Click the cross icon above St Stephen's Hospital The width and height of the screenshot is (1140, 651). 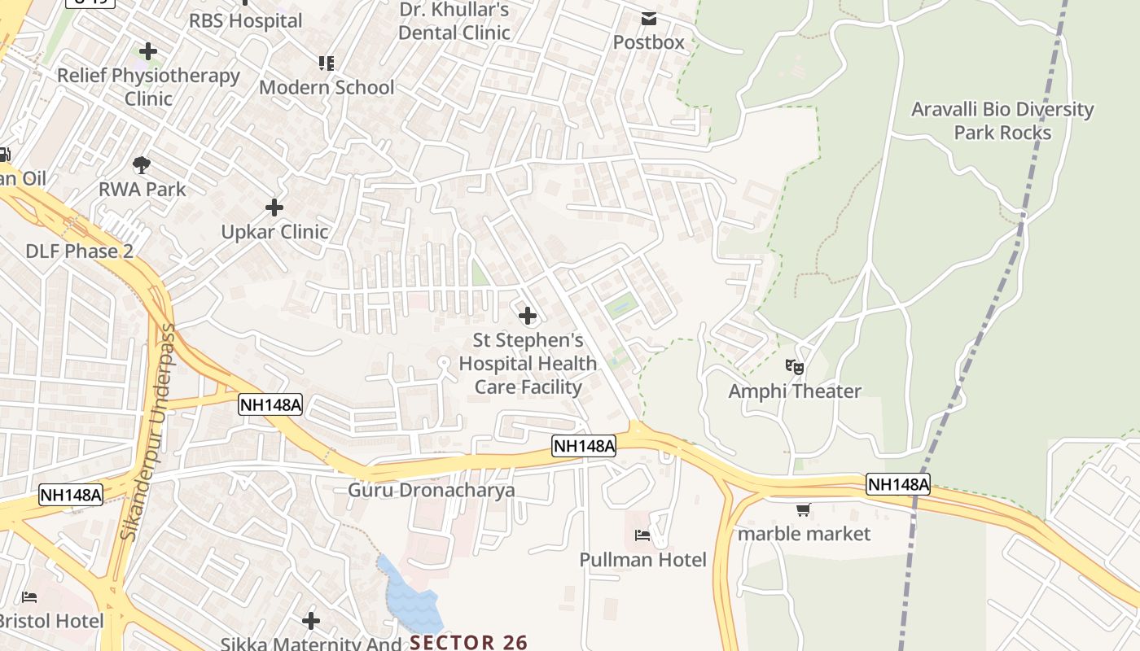(x=528, y=315)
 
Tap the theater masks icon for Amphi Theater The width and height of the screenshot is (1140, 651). (x=795, y=367)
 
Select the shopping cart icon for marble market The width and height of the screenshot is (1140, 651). (x=804, y=510)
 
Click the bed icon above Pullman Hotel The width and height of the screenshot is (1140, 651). (x=642, y=535)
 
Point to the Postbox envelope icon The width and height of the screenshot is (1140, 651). (x=649, y=18)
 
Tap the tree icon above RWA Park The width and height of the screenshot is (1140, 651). (x=142, y=165)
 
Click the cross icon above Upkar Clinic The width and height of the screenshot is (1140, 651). (x=274, y=208)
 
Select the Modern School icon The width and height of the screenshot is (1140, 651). (x=327, y=63)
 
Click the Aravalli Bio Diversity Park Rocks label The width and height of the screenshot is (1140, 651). (x=1002, y=121)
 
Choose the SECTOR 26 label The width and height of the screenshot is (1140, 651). (x=469, y=642)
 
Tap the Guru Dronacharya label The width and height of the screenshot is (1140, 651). (x=432, y=490)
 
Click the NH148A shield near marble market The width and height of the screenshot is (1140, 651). (x=897, y=484)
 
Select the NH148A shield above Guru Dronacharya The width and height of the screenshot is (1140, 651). (x=584, y=445)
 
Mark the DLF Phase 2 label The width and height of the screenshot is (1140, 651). (x=79, y=251)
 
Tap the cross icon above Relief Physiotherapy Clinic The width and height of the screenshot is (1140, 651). (x=148, y=52)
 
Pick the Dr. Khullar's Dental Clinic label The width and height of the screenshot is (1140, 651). (x=454, y=21)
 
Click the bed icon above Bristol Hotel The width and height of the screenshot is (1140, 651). (x=29, y=597)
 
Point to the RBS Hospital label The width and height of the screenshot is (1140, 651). (x=245, y=20)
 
